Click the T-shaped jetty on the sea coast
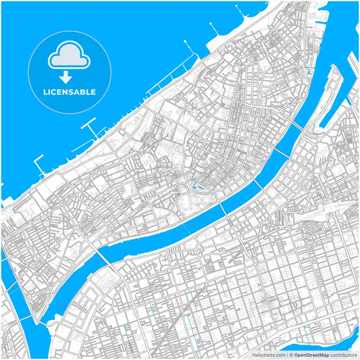(90, 126)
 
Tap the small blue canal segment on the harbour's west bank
(310, 72)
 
